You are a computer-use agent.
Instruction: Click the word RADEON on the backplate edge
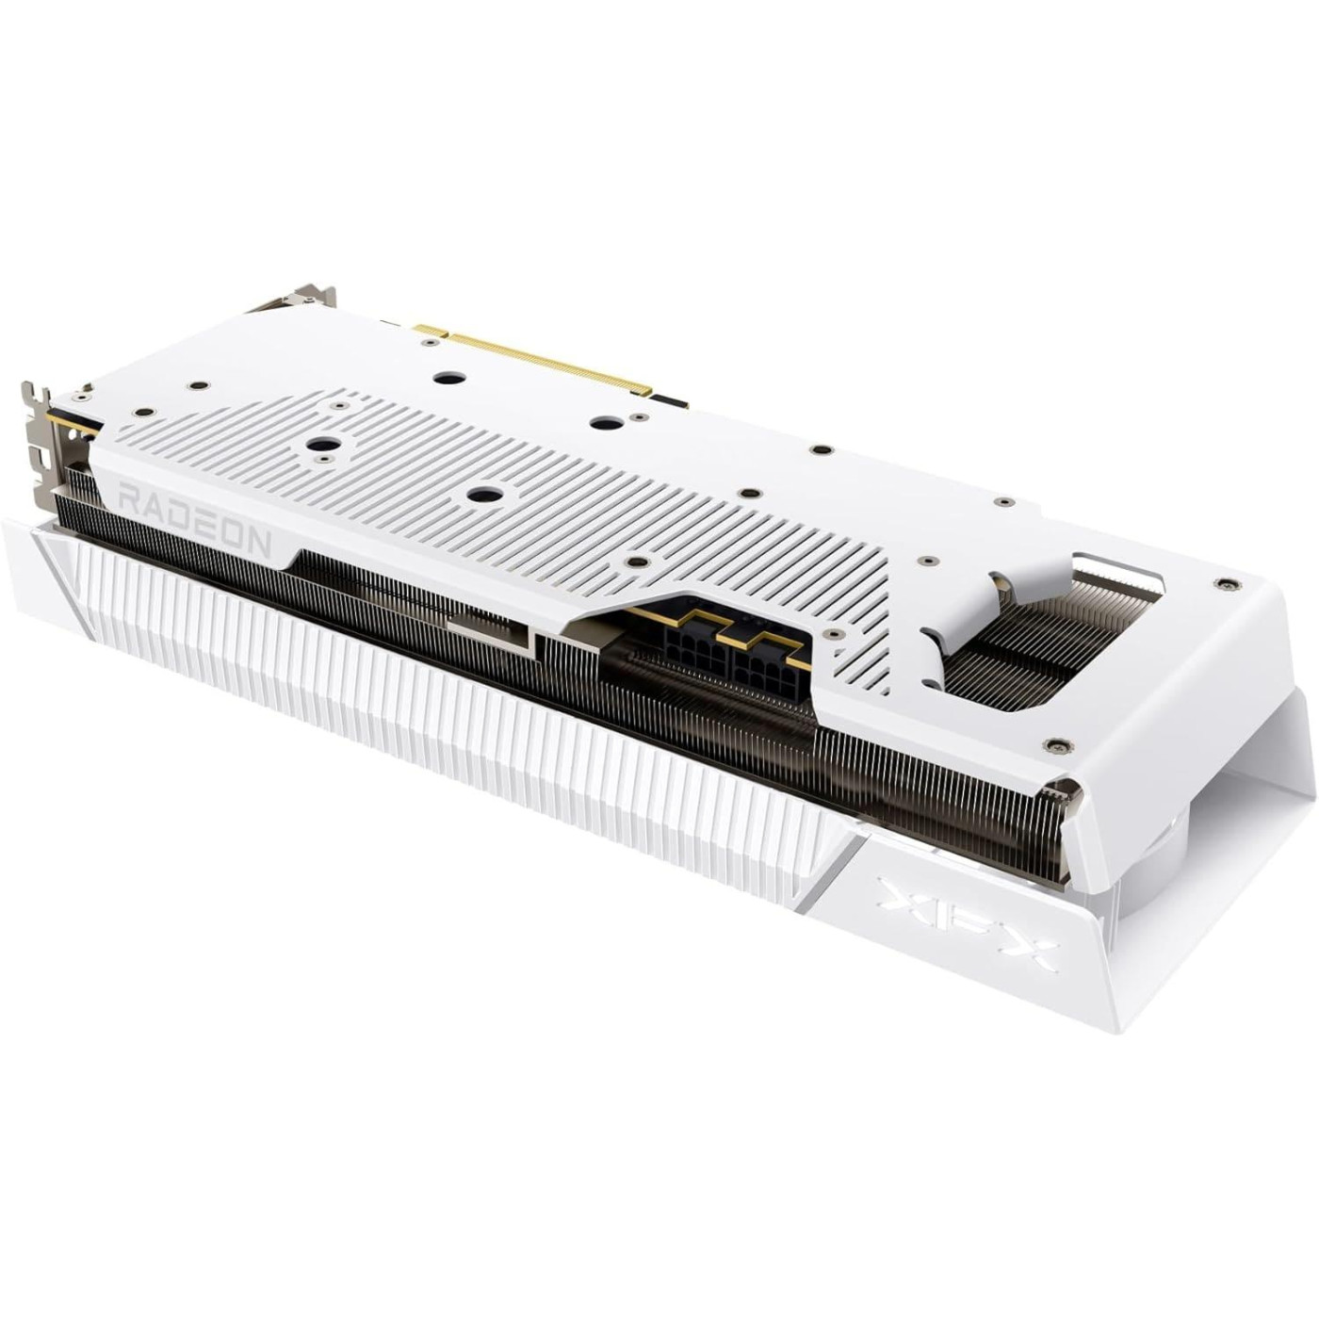(x=194, y=519)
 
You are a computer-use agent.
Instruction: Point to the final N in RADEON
(x=257, y=542)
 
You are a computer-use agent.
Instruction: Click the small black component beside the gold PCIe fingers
(x=671, y=401)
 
